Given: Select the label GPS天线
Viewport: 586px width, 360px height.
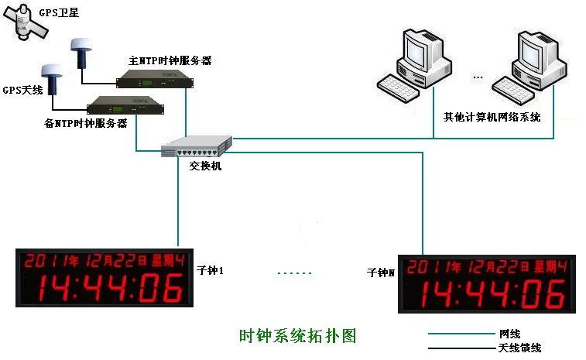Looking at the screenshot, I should click(x=20, y=91).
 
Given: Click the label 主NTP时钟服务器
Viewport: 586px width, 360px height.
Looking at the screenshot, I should click(x=170, y=60).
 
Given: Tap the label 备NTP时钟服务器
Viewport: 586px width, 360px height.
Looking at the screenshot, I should click(x=86, y=124).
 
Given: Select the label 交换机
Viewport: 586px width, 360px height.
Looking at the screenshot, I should click(x=205, y=165).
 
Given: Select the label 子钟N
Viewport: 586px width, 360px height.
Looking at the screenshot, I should click(x=380, y=273).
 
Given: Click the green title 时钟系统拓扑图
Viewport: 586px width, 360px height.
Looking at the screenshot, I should click(x=297, y=336).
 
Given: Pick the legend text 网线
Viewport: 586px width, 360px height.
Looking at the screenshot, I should click(x=509, y=334).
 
